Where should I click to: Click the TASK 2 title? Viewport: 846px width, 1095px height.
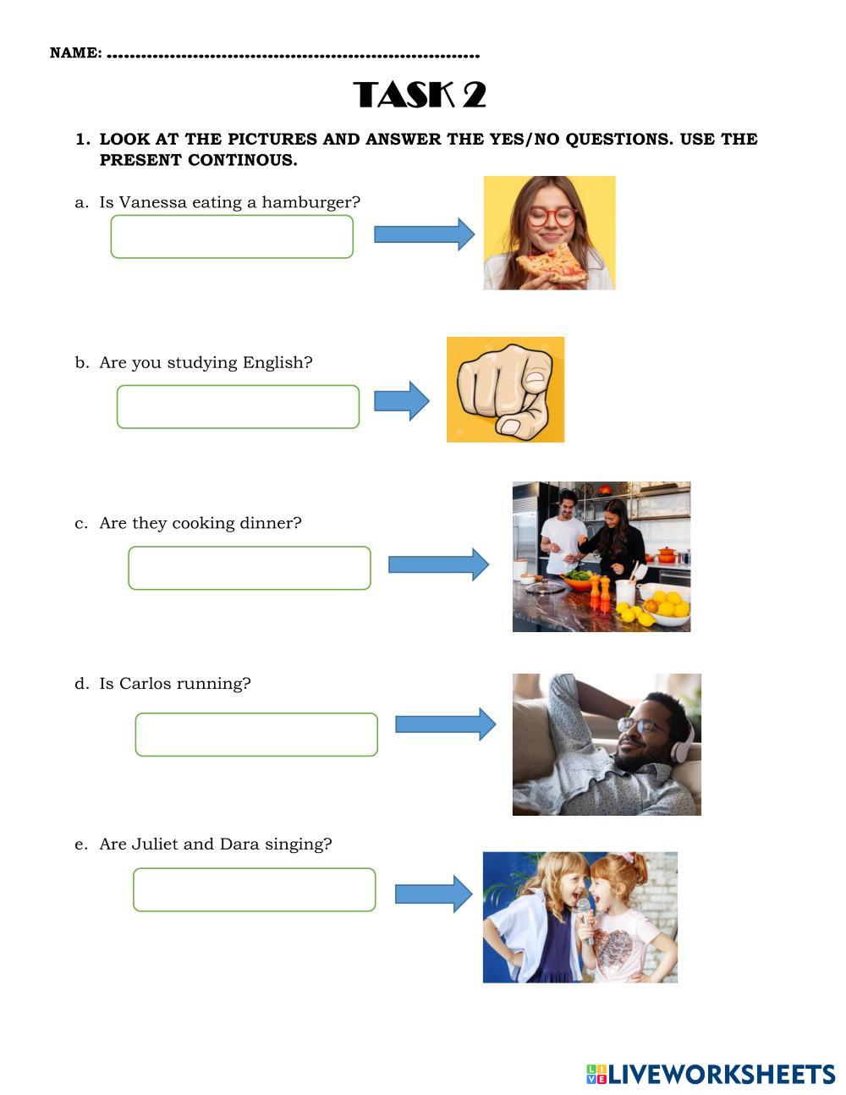click(420, 95)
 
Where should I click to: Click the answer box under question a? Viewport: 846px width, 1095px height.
click(232, 237)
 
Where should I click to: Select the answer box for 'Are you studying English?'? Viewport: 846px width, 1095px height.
click(238, 407)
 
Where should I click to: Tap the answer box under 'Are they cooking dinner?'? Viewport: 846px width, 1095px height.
click(250, 568)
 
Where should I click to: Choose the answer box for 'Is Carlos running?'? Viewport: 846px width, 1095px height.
click(256, 735)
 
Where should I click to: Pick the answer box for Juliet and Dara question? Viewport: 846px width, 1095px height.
click(254, 889)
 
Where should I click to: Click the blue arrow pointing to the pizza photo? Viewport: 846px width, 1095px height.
click(424, 234)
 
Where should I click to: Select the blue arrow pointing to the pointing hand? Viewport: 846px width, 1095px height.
click(402, 400)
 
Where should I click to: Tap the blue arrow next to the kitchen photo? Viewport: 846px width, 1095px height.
click(438, 564)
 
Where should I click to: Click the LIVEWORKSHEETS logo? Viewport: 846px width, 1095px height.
click(711, 1075)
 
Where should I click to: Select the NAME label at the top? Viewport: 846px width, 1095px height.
click(75, 53)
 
